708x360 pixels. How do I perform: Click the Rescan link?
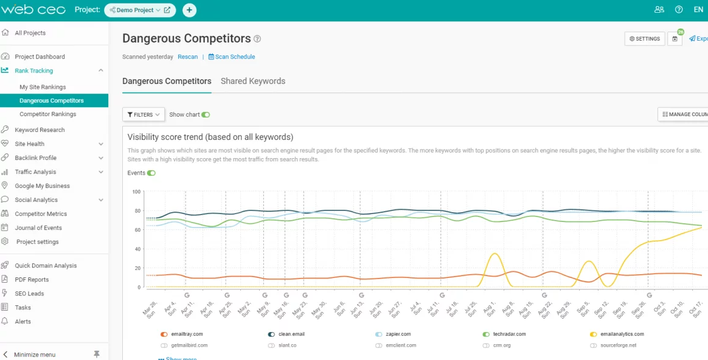point(187,57)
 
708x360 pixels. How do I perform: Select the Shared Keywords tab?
point(252,81)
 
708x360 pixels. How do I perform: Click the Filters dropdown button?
point(144,114)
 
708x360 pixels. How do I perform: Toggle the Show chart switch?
point(206,114)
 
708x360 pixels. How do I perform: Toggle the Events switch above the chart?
point(151,173)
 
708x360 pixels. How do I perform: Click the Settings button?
point(644,39)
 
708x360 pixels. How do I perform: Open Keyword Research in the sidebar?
point(40,130)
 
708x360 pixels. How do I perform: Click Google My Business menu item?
point(42,186)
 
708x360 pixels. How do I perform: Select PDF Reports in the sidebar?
point(32,280)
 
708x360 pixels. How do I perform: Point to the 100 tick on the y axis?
point(136,192)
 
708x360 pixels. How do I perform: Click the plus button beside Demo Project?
point(189,10)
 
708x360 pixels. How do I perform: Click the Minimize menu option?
point(35,355)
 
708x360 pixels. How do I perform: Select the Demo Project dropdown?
point(139,10)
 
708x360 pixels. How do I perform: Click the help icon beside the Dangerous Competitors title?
point(257,39)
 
